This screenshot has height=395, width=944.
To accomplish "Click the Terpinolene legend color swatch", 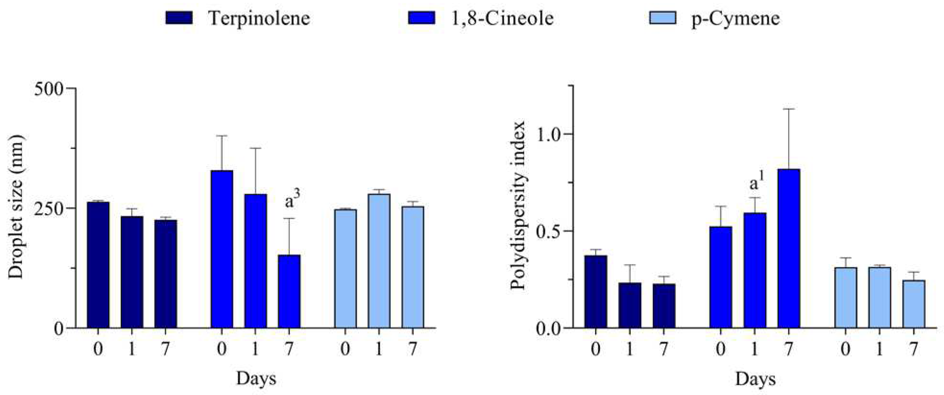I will (179, 18).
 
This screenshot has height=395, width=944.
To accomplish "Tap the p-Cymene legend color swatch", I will (662, 18).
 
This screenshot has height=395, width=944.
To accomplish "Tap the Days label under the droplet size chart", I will (256, 378).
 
